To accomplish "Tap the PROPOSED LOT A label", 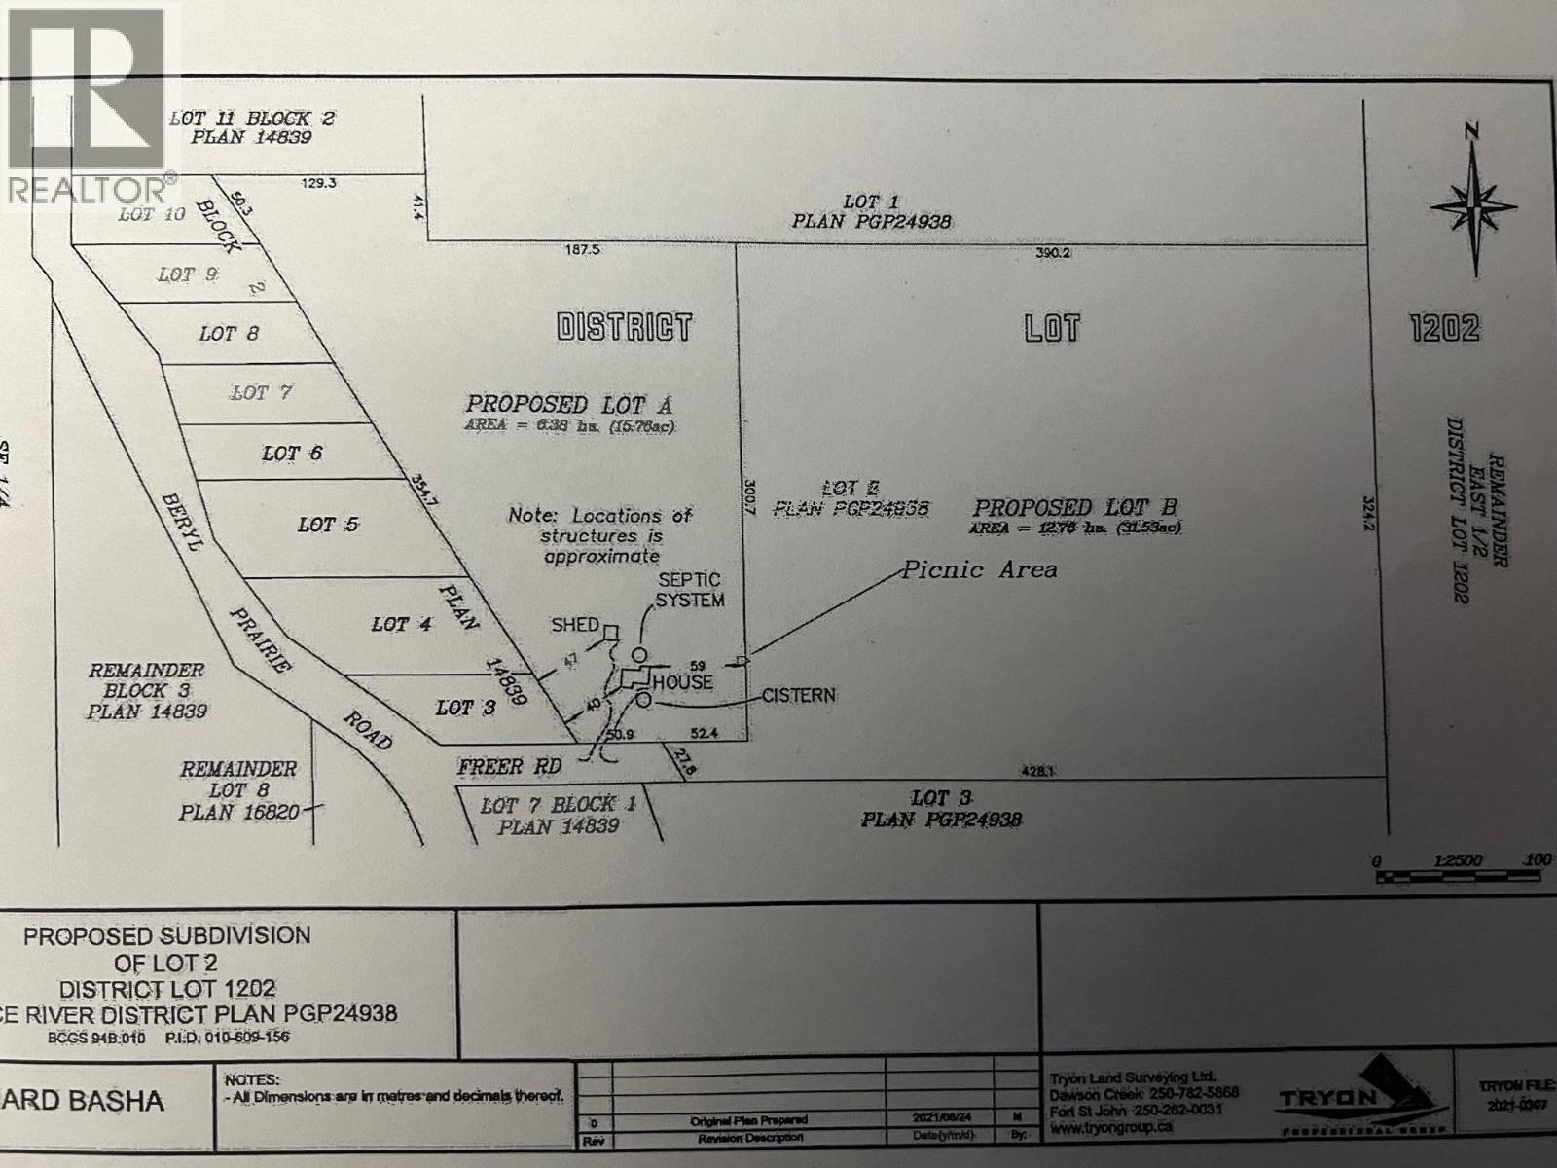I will coord(569,404).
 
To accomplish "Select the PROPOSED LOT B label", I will coord(1075,508).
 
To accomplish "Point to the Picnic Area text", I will coord(979,569).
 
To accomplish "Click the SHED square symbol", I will coord(610,633).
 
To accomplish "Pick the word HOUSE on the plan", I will coord(682,683).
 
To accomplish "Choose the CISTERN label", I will coord(798,695).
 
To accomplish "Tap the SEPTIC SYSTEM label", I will coord(689,590).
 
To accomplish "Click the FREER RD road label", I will coord(510,767).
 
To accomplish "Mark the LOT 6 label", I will coord(292,454).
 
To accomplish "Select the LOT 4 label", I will coord(401,624).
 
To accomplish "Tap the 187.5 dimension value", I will coord(583,250).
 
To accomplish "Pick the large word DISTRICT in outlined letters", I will coord(624,327).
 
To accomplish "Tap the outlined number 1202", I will coord(1444,328).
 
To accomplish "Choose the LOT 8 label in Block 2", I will coord(229,334).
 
